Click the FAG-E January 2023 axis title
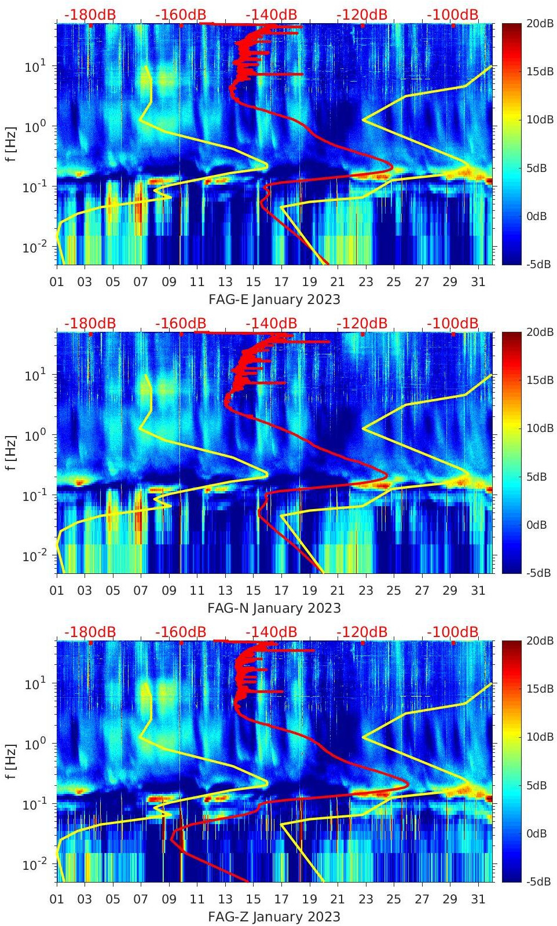274,299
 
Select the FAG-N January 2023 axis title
274,608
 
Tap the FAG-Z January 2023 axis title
274,917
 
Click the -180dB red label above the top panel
90,14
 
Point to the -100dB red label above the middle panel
453,323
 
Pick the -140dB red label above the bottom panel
272,632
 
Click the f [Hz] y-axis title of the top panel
11,143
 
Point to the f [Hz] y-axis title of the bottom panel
11,760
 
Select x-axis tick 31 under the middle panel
478,591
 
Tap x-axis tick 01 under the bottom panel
57,899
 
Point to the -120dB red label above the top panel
362,14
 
